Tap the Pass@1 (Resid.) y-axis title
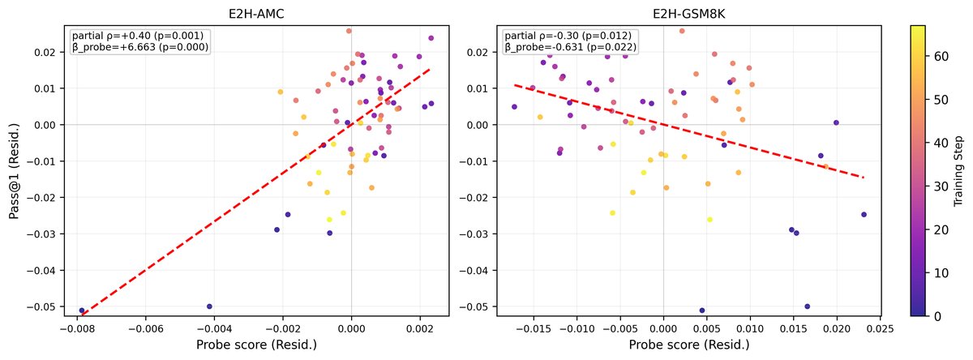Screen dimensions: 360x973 tap(14, 169)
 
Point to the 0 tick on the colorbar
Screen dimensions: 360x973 tap(936, 315)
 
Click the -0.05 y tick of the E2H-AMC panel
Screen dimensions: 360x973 tap(44, 306)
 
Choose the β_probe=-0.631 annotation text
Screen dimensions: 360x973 tap(570, 48)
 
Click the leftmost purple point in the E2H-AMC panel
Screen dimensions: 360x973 tap(82, 311)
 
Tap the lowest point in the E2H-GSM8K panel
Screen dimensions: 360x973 tap(702, 311)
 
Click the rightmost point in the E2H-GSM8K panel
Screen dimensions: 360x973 tap(864, 215)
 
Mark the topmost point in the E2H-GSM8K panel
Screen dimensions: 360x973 tap(682, 31)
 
